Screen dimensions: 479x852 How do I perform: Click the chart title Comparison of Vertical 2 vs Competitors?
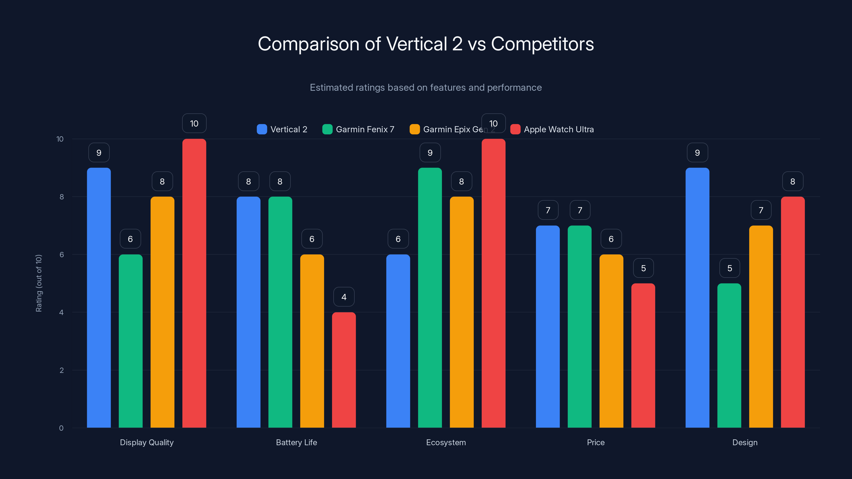[426, 44]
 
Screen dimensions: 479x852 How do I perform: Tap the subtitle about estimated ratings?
[426, 88]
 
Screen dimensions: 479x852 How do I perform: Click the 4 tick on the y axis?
[61, 312]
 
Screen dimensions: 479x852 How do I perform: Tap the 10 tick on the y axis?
[60, 139]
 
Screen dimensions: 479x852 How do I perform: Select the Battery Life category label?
[296, 442]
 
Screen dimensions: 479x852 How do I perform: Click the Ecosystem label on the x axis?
[446, 442]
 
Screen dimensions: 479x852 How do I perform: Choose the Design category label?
[745, 442]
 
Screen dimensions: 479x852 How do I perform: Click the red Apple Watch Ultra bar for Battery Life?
[344, 370]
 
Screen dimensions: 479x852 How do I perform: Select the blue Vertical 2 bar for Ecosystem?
[398, 341]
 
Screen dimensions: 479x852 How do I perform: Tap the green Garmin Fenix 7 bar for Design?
[729, 355]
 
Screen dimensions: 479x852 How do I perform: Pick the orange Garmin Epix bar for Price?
[611, 341]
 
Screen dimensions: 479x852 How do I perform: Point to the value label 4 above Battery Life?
[344, 297]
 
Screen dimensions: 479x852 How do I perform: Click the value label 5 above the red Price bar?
[643, 268]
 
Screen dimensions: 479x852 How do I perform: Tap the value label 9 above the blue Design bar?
[697, 153]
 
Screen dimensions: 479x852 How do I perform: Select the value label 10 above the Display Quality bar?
[194, 123]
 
